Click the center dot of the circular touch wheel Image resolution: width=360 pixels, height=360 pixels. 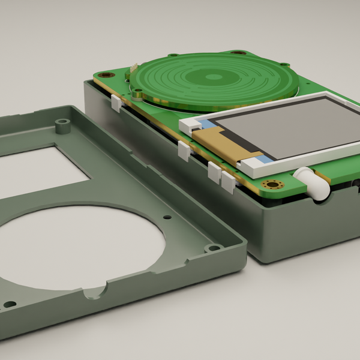click(214, 77)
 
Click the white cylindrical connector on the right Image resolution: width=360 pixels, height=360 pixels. click(313, 183)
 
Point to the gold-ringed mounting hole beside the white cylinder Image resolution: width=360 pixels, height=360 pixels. click(275, 184)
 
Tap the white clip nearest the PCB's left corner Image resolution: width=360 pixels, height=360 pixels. click(116, 104)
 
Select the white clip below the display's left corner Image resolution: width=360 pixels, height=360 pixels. click(184, 152)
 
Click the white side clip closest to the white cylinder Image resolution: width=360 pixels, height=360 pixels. click(228, 182)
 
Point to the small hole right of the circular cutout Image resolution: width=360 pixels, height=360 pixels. click(167, 217)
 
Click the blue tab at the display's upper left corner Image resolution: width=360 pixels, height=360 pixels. click(205, 124)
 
